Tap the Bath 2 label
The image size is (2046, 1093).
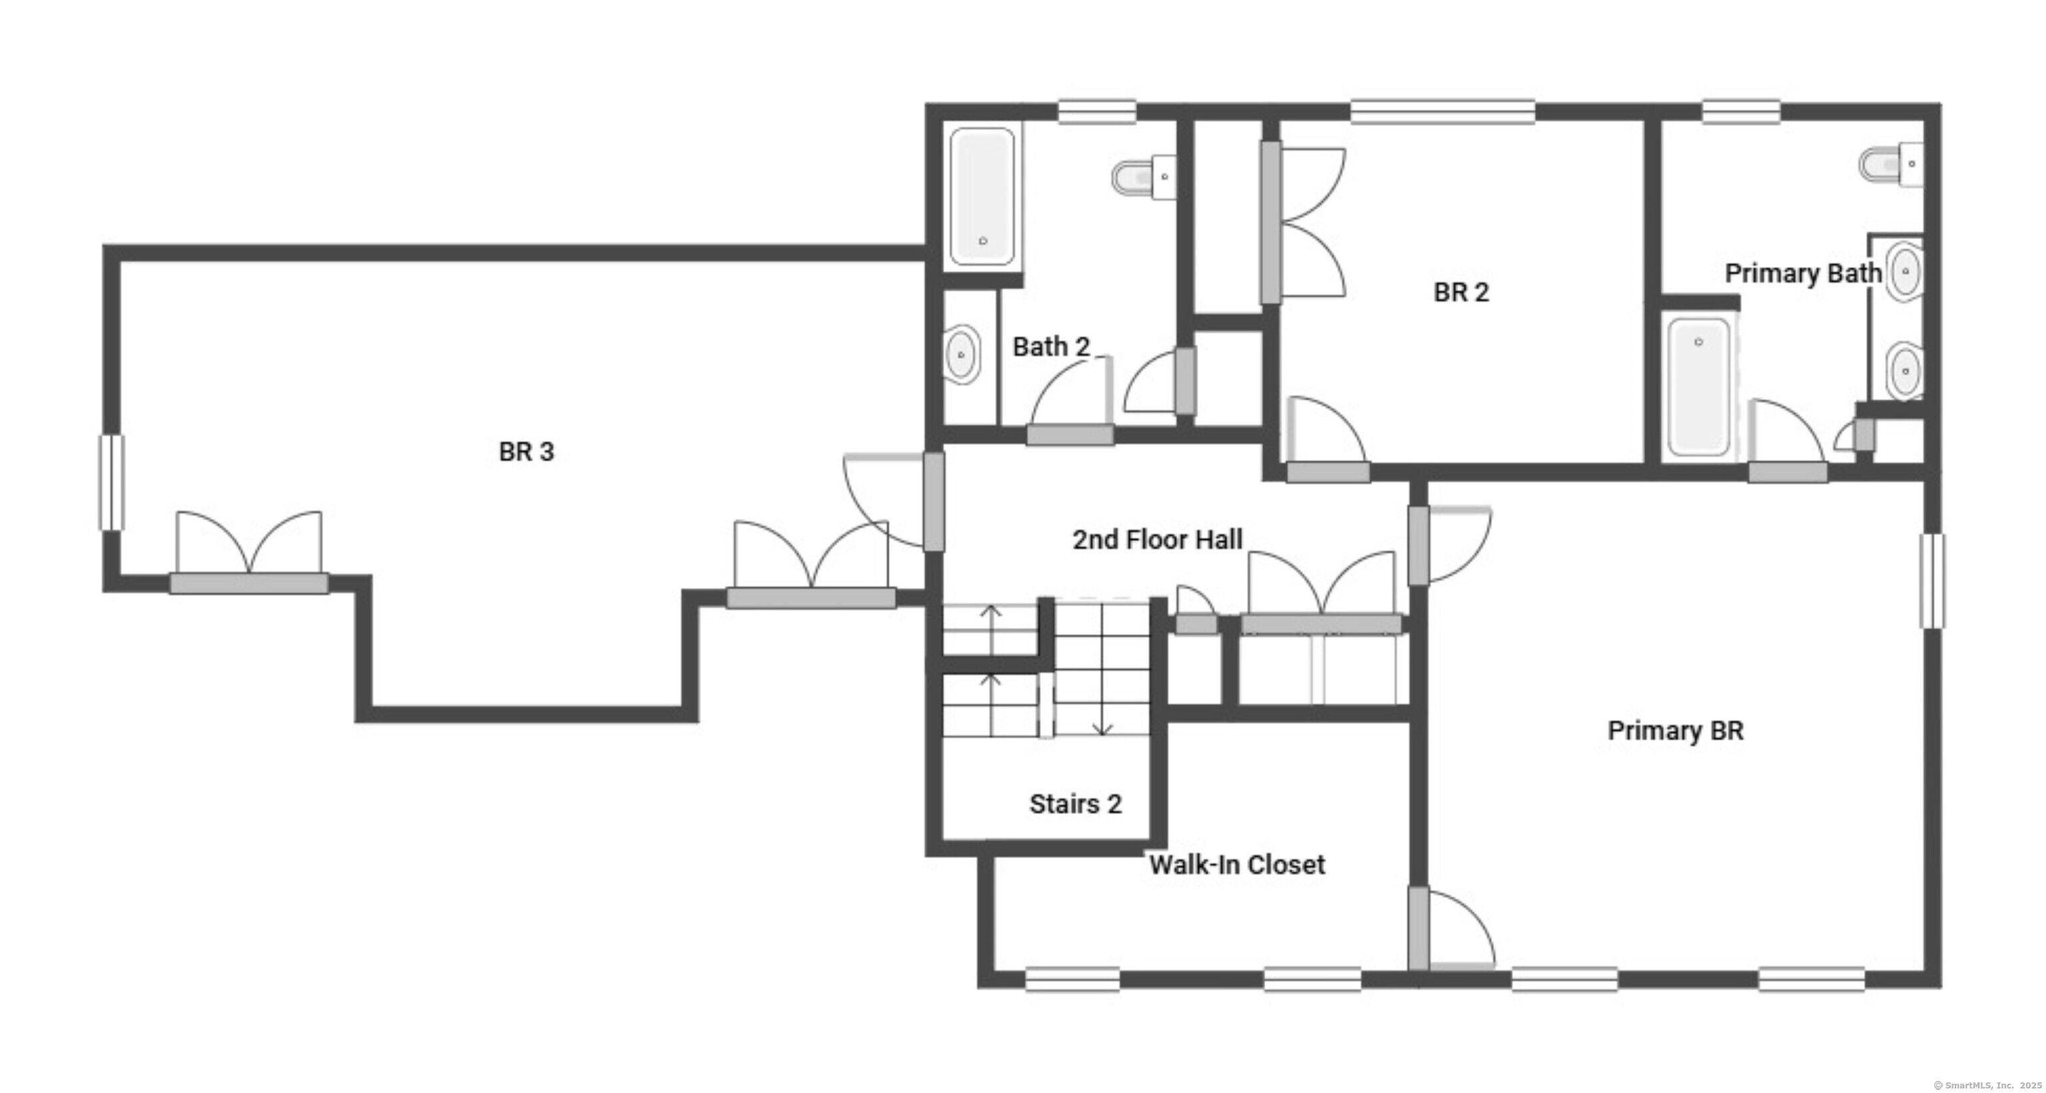click(x=1051, y=346)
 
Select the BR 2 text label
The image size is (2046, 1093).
click(x=1461, y=292)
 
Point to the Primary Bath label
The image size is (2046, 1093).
click(x=1803, y=273)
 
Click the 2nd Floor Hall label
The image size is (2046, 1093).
click(x=1158, y=540)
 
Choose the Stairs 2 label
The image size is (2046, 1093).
click(x=1076, y=804)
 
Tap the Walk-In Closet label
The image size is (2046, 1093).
click(x=1237, y=865)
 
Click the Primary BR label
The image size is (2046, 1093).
click(x=1675, y=731)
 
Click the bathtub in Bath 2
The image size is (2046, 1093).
click(x=982, y=196)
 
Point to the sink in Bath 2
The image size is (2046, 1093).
click(x=962, y=354)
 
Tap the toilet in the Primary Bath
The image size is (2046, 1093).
click(x=1890, y=165)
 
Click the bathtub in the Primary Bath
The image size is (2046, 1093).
click(x=1698, y=387)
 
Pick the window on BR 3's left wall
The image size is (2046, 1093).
click(x=111, y=482)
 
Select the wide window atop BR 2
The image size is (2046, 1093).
click(x=1443, y=112)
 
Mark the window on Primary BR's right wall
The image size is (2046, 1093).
click(x=1932, y=581)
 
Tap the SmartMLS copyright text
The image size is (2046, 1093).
click(x=1987, y=1085)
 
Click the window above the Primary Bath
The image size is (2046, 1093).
click(x=1740, y=112)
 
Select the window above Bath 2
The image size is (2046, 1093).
click(x=1097, y=112)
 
